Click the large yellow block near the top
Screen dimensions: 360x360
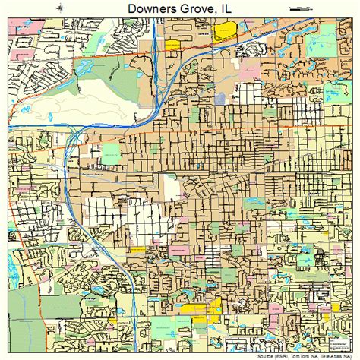click(226, 32)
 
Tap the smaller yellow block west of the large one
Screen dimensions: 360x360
click(173, 45)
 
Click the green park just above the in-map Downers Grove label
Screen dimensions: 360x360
click(111, 155)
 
